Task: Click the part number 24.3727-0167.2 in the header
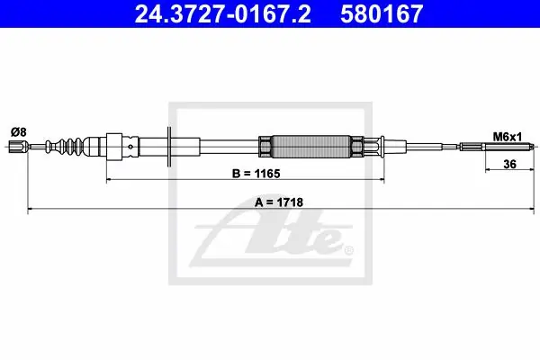point(222,13)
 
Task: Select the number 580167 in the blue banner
point(382,13)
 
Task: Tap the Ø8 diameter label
point(19,132)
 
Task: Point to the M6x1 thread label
point(508,137)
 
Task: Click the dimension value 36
point(509,164)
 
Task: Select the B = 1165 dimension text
point(256,174)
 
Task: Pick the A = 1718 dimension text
point(279,202)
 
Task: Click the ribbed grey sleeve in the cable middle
point(310,147)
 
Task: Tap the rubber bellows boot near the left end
point(66,147)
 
